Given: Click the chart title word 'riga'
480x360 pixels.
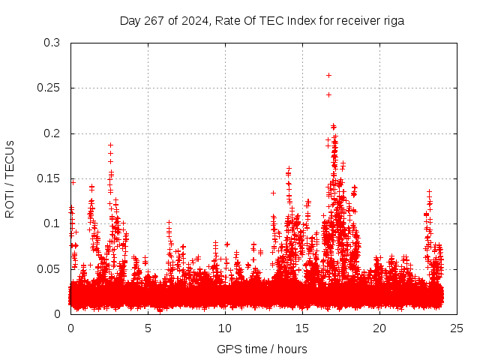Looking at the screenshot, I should coord(392,21).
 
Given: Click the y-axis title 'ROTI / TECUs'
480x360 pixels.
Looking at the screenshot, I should coord(10,178).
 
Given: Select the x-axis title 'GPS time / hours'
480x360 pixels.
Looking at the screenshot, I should coord(262,349).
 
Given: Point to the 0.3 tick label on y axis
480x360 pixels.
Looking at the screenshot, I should coord(51,43).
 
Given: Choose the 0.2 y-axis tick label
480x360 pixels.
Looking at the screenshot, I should coord(51,133).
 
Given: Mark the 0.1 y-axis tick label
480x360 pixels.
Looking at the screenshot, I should coord(51,223).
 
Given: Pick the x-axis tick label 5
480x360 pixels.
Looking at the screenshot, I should coord(148,328).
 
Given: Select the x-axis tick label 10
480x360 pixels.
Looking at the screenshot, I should coord(225,328).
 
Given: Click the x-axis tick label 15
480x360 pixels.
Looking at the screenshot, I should coord(302,328).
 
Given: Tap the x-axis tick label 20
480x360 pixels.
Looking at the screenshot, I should coord(379,328).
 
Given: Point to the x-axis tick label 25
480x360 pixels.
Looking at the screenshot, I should coord(457,328).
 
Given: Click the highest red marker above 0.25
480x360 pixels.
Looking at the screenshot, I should coord(328,75).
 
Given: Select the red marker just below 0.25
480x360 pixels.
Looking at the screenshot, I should coord(328,94).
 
